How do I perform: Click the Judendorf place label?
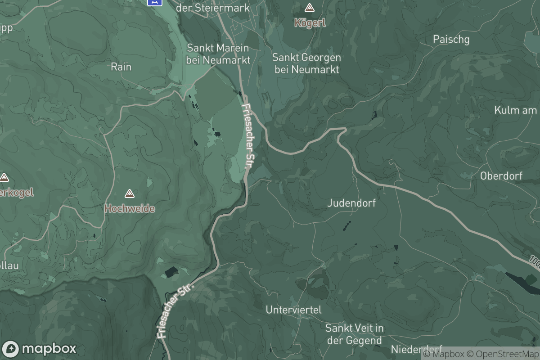coord(351,203)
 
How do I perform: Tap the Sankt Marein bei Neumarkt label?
coord(218,54)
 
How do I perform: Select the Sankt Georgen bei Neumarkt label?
coord(306,63)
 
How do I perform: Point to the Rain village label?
coord(121,67)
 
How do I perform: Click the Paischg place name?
coord(451,40)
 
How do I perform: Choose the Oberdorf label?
coord(501,176)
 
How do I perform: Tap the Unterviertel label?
coord(293,310)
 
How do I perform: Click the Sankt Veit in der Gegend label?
coord(354,334)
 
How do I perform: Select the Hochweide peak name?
coord(130,209)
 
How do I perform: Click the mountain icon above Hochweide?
coord(130,194)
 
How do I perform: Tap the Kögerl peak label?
coord(310,22)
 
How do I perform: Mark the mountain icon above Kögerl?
coord(310,8)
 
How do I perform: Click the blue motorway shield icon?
coord(154,2)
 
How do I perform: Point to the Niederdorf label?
coord(417,349)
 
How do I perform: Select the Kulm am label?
coord(516,110)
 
